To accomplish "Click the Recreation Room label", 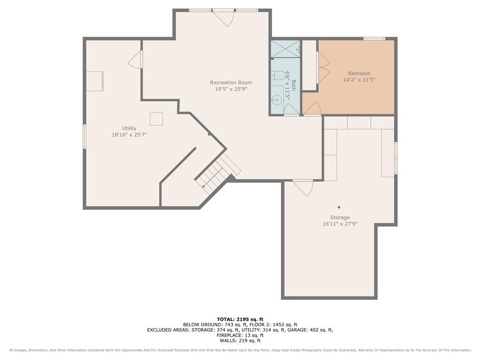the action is click(x=231, y=82).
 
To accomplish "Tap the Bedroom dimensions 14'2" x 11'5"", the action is click(x=359, y=80).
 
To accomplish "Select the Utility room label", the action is click(x=129, y=128).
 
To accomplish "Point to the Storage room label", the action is click(x=340, y=217).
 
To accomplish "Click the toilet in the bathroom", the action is click(x=277, y=75).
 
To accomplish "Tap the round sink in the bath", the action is click(x=277, y=100).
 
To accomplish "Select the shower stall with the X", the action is click(x=285, y=49).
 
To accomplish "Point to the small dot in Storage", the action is click(x=339, y=207).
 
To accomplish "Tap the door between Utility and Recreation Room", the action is click(x=135, y=59).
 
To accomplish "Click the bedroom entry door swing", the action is click(x=312, y=109).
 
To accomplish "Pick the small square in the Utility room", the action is click(x=156, y=119).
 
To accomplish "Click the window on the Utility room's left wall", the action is click(x=84, y=136).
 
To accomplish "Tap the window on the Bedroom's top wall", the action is click(x=374, y=38).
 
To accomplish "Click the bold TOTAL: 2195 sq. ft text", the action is click(x=240, y=319).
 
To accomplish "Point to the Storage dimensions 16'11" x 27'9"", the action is click(x=340, y=224).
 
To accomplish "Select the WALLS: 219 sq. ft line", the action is click(x=240, y=340).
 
